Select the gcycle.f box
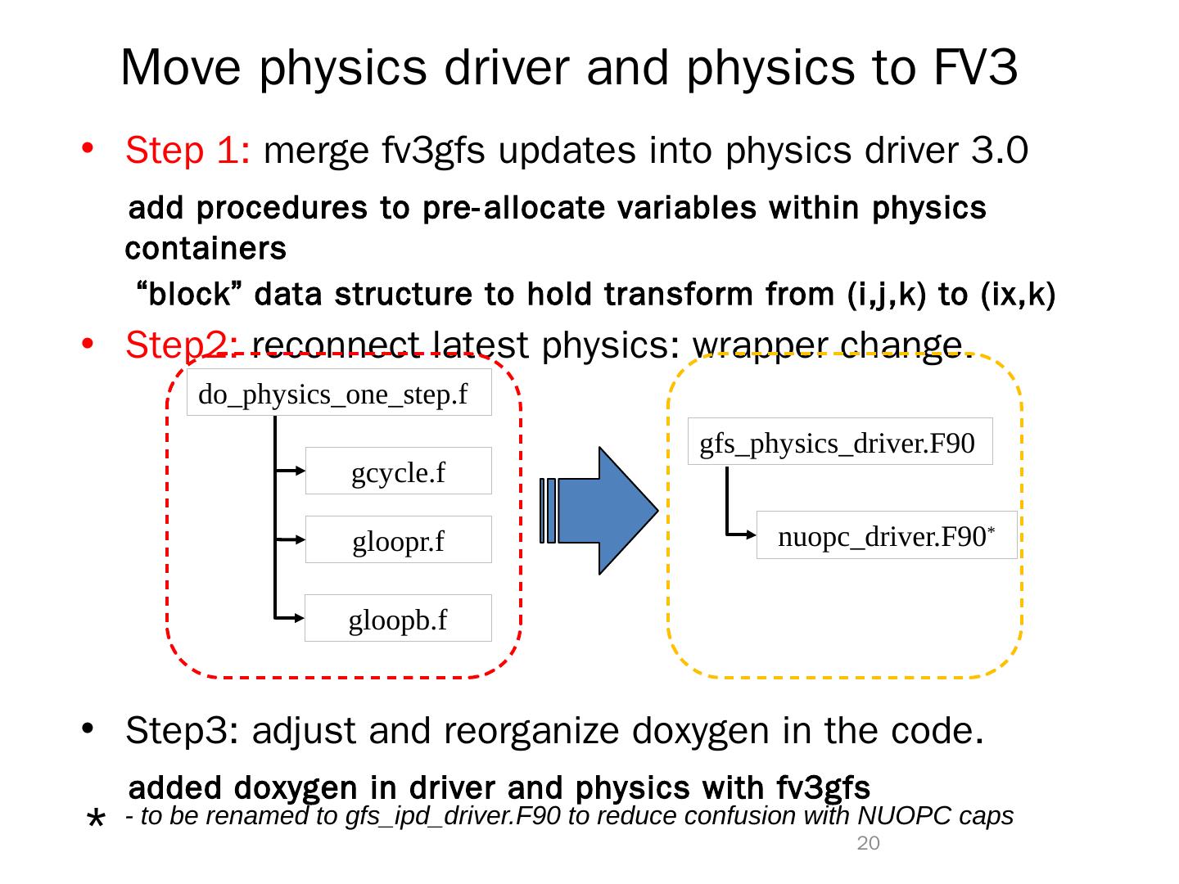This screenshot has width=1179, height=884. click(398, 471)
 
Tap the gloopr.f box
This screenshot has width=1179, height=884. click(398, 540)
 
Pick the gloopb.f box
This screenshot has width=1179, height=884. click(398, 619)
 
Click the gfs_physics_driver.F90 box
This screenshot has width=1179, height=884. click(840, 442)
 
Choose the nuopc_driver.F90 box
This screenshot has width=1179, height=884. click(886, 536)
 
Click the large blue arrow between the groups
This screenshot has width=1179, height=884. click(610, 510)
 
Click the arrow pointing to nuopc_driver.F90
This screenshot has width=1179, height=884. click(741, 535)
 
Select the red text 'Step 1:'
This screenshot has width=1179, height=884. click(187, 151)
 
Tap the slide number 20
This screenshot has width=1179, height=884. click(868, 844)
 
